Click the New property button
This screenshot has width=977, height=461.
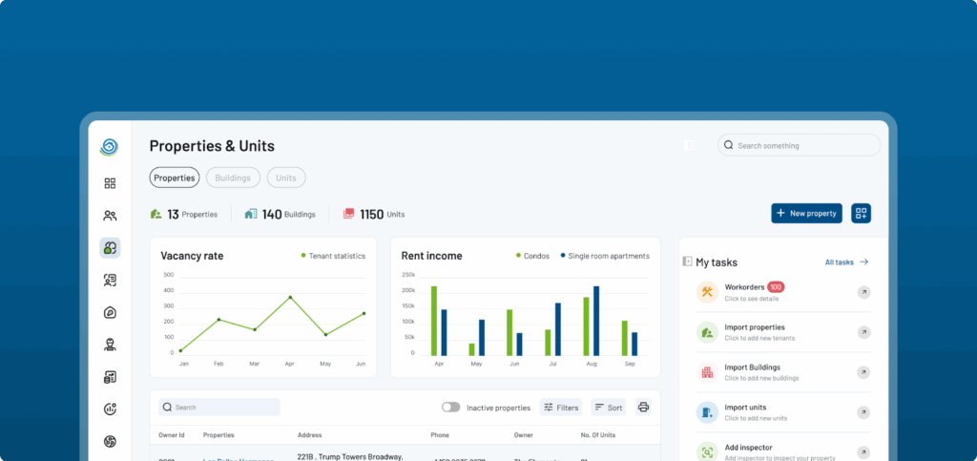[x=806, y=214]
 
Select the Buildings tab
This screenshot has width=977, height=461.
[x=233, y=178]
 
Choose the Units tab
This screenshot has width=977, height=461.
[x=286, y=178]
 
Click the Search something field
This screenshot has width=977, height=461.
[x=800, y=145]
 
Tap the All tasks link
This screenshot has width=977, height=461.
[x=846, y=262]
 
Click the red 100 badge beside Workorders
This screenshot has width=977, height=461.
[x=776, y=287]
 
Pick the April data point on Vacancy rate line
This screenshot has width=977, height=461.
[x=290, y=297]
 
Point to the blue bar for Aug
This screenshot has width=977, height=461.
[x=596, y=320]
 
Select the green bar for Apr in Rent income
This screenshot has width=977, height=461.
[x=434, y=320]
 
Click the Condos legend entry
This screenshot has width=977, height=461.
[x=533, y=256]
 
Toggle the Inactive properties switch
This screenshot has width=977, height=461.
[x=450, y=408]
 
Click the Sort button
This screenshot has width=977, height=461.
[x=608, y=408]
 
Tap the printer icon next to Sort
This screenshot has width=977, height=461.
[x=643, y=408]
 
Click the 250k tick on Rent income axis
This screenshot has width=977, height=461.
[x=408, y=275]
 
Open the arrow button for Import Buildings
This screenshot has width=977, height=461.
[x=863, y=372]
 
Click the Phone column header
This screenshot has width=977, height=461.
[x=439, y=435]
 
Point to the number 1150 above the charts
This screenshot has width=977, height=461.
[x=371, y=215]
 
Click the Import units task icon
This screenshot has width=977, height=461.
[x=707, y=412]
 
